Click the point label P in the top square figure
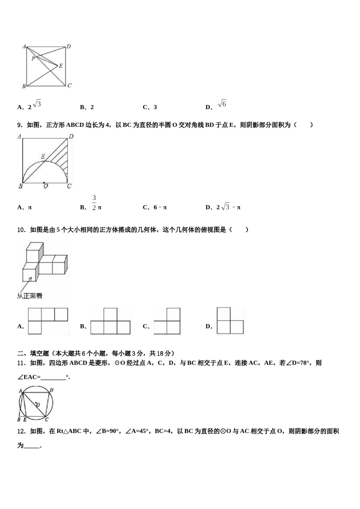point(33,58)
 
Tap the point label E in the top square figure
point(61,66)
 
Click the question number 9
point(20,125)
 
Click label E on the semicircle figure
point(43,156)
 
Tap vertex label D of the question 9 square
point(71,136)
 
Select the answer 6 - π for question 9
point(156,208)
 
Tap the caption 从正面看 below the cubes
point(30,296)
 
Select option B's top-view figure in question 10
point(110,321)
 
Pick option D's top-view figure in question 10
point(230,321)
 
